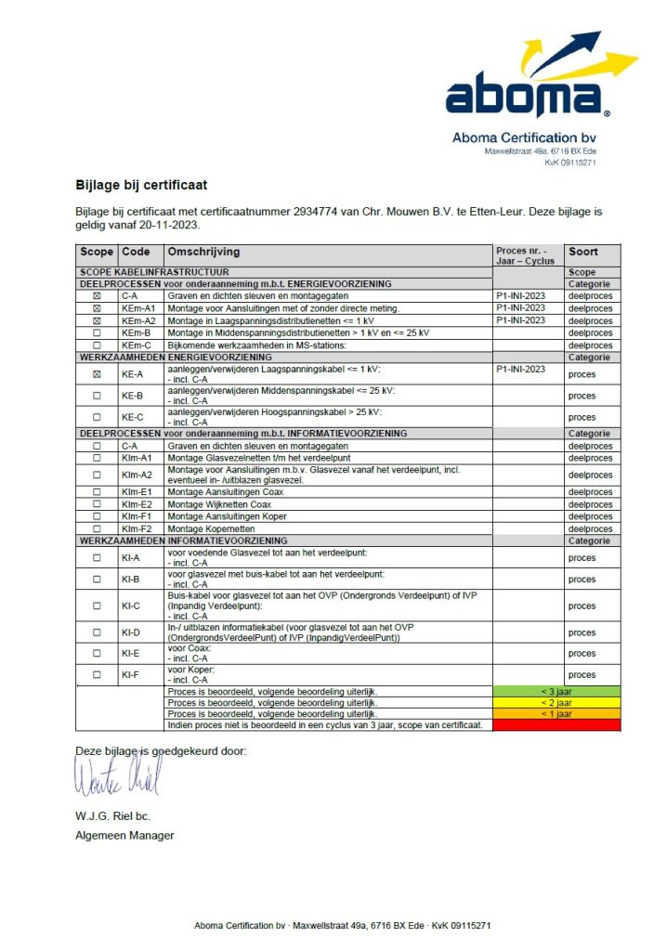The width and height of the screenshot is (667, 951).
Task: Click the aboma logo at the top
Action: (x=539, y=84)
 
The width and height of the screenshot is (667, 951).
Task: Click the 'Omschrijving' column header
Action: (x=203, y=252)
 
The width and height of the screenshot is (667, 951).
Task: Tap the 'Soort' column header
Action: (x=583, y=252)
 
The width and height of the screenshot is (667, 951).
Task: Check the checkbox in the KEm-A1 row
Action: (x=97, y=308)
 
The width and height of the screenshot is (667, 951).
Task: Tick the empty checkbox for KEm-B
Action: (x=97, y=332)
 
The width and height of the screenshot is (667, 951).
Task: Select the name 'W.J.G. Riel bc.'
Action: (x=112, y=817)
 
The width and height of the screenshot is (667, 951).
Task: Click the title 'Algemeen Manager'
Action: (x=124, y=835)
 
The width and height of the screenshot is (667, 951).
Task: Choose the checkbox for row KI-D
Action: (x=97, y=632)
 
